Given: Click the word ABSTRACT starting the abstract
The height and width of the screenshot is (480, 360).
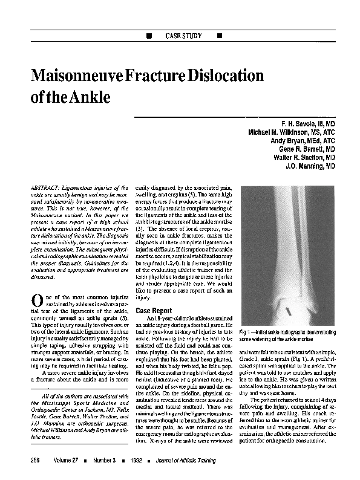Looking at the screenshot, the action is tap(47, 189).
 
